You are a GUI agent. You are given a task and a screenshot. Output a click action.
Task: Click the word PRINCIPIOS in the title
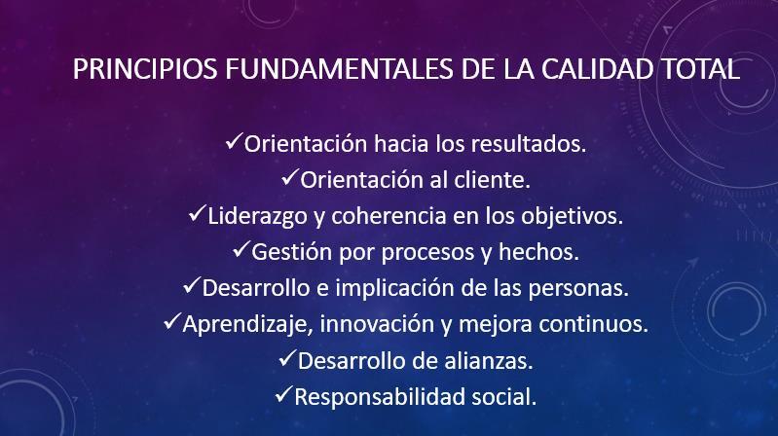point(145,68)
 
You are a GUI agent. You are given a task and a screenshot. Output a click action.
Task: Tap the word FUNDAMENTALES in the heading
point(340,68)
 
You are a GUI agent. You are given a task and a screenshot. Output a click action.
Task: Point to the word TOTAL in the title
point(701,68)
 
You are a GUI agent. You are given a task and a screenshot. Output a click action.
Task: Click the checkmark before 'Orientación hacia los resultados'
point(234,141)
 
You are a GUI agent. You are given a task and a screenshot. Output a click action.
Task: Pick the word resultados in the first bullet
point(529,144)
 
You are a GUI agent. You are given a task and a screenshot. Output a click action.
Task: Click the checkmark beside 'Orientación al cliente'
point(290,177)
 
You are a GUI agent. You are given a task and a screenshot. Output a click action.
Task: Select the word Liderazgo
point(257,217)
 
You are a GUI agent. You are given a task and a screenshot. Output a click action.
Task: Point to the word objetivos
point(573,217)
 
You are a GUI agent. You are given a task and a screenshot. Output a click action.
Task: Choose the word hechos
point(538,251)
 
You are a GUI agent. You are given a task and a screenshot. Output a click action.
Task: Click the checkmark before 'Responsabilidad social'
point(283,394)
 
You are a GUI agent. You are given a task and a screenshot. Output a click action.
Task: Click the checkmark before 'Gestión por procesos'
point(241,249)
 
